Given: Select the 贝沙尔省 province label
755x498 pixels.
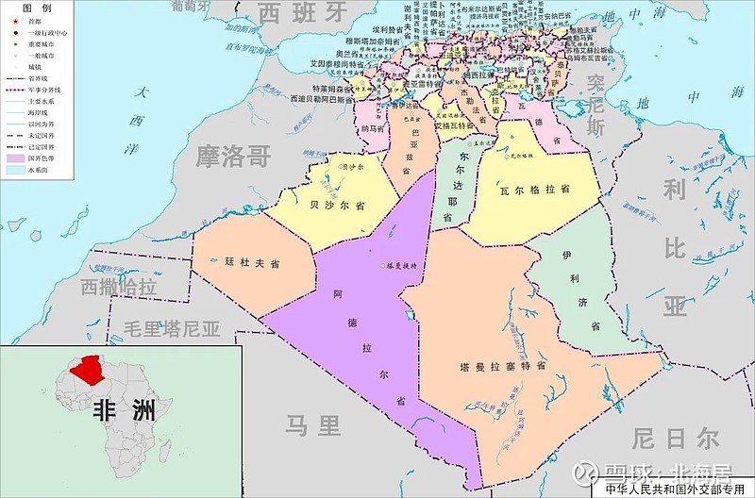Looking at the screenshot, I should tap(337, 205).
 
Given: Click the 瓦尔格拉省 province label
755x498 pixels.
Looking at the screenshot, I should tap(535, 190).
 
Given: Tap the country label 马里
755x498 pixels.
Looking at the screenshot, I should tap(313, 426).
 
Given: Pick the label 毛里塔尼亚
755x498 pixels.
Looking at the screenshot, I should tap(172, 329).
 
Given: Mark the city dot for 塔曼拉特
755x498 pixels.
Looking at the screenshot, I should tap(385, 266).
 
